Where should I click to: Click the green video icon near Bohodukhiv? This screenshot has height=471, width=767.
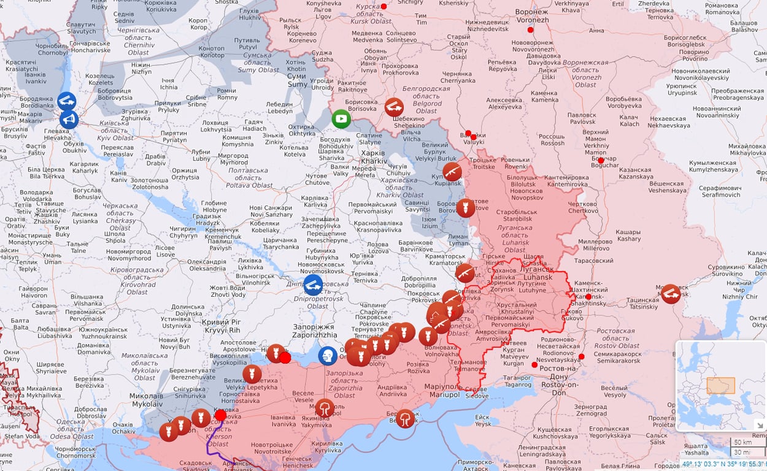click(341, 118)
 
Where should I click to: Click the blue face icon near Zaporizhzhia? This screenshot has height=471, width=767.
click(328, 355)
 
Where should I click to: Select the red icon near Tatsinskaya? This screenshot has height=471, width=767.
click(671, 294)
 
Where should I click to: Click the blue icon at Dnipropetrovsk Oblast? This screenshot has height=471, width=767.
click(313, 285)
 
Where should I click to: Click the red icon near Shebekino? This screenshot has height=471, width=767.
click(394, 107)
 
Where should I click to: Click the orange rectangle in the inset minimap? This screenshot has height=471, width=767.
click(720, 385)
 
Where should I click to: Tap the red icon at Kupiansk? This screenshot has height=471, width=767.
click(452, 171)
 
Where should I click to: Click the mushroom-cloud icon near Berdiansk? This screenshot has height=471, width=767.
click(405, 418)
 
